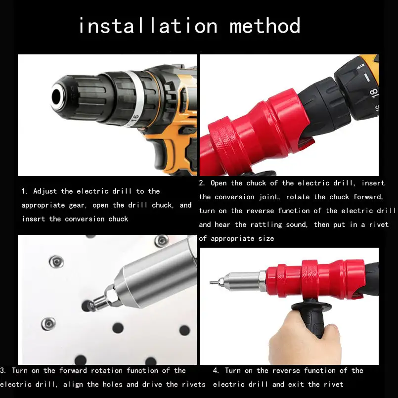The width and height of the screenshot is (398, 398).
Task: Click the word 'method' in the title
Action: pyautogui.click(x=265, y=26)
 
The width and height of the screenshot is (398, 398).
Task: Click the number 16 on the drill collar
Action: pyautogui.click(x=134, y=118)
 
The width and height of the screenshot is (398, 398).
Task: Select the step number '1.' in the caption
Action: pyautogui.click(x=24, y=191)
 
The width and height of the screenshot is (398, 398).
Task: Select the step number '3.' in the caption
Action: pyautogui.click(x=3, y=370)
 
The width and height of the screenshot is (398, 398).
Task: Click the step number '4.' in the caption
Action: pyautogui.click(x=216, y=370)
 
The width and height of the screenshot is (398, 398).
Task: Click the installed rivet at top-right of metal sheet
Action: pyautogui.click(x=162, y=241)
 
